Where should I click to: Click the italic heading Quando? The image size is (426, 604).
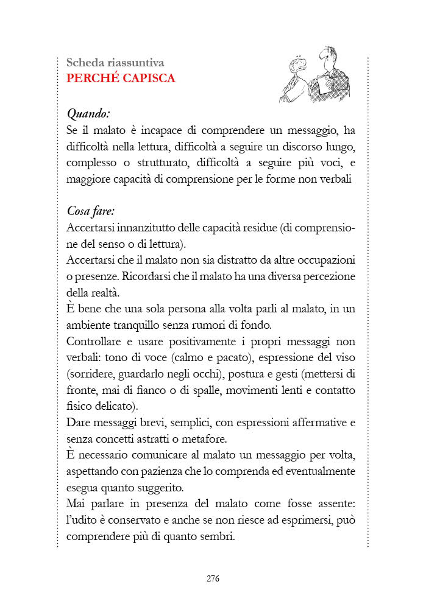[x=88, y=113]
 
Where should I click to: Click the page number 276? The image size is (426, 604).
[x=212, y=578]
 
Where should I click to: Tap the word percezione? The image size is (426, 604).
[x=328, y=275]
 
